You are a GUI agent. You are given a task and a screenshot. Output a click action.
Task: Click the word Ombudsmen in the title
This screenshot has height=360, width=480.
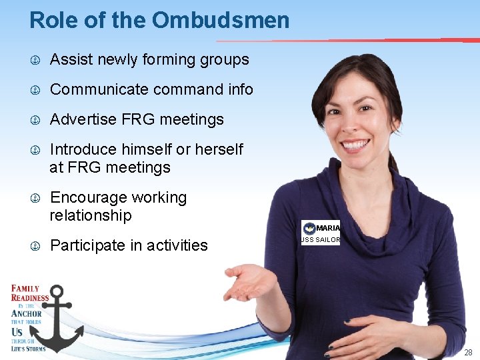click(x=221, y=20)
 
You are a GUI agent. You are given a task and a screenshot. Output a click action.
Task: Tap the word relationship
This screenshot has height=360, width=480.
click(x=91, y=215)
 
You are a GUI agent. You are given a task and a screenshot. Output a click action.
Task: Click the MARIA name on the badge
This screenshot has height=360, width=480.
click(x=327, y=229)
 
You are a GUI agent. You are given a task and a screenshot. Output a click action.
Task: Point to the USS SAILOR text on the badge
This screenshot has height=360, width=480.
click(x=321, y=240)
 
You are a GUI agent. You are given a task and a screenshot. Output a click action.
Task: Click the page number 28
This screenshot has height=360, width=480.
click(x=468, y=352)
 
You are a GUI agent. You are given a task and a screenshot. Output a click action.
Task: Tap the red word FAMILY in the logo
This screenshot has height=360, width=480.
click(x=25, y=289)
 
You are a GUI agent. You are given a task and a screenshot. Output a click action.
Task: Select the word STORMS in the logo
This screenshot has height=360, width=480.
click(x=35, y=348)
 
